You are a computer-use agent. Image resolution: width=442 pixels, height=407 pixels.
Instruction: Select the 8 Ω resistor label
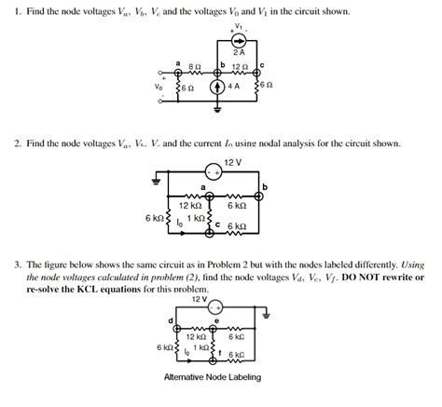tap(194, 66)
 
